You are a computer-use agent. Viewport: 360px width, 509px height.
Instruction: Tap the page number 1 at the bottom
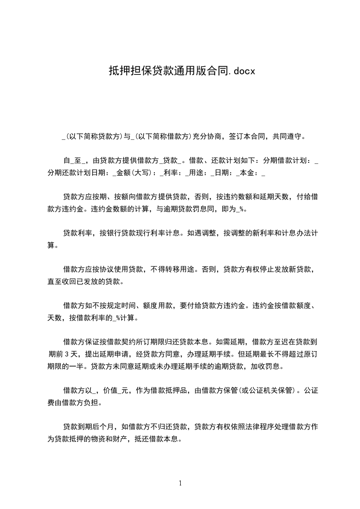(180, 483)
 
